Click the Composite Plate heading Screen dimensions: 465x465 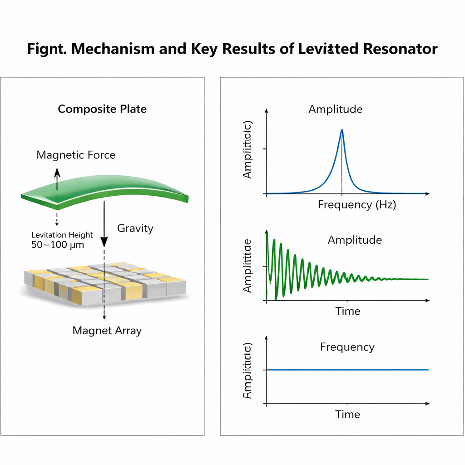coord(102,109)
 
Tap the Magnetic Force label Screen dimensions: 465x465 coord(76,155)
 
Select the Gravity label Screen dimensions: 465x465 coord(135,228)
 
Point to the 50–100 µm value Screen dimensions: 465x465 coord(57,245)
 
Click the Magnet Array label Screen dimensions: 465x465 coord(107,331)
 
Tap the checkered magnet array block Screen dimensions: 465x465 coord(104,282)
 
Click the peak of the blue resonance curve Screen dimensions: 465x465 coord(342,131)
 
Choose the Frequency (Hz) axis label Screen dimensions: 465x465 coord(357,205)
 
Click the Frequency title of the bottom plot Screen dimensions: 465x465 coord(347,347)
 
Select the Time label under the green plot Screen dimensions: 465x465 coord(348,312)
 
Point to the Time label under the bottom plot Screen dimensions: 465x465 coord(348,414)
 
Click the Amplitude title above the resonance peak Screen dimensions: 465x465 coord(336,109)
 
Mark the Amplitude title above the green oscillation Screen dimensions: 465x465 coord(355,240)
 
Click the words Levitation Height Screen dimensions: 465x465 coord(62,235)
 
